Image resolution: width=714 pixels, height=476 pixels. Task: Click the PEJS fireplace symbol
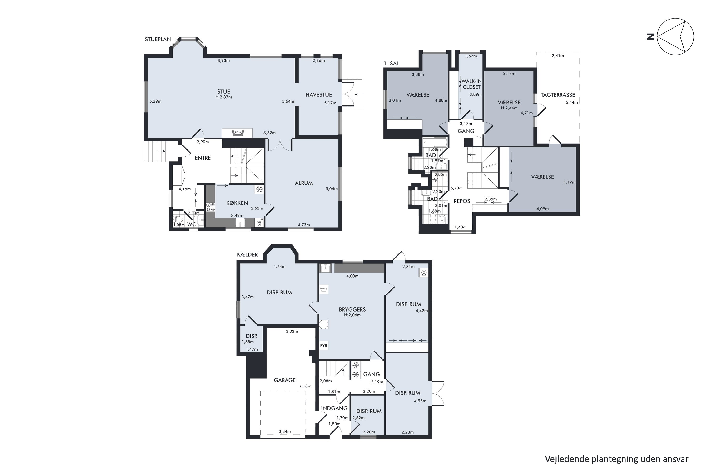237,133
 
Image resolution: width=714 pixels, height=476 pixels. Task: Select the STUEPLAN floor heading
158,39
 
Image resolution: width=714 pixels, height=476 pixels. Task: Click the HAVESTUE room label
318,95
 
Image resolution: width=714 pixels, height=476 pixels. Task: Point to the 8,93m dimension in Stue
223,60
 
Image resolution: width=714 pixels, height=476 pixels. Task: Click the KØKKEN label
237,203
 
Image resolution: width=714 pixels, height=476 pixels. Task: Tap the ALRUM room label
304,183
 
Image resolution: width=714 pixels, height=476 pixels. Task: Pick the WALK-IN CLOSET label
471,84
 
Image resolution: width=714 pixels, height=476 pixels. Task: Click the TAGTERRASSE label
558,95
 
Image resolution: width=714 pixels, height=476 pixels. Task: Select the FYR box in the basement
324,346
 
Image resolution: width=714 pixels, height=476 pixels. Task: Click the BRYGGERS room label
352,310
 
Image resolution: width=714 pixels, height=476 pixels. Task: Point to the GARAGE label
284,380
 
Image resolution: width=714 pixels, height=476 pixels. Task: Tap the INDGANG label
334,408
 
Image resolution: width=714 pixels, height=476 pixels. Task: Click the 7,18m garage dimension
305,386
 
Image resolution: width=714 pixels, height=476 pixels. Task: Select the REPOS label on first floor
462,201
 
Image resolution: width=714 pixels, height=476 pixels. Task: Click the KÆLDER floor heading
248,254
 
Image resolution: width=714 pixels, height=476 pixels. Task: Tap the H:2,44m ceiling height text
509,108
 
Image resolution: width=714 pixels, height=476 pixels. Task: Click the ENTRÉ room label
203,158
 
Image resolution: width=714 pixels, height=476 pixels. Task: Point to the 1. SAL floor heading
391,64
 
